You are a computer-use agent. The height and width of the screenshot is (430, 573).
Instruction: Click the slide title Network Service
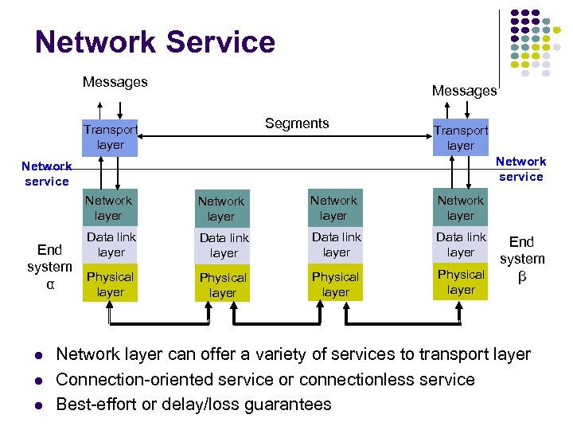[x=155, y=42]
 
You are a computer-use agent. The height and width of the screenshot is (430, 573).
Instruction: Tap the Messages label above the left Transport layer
[x=115, y=82]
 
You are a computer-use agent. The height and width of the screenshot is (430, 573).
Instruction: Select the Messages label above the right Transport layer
[x=464, y=91]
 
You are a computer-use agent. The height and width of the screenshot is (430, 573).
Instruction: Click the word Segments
[x=297, y=123]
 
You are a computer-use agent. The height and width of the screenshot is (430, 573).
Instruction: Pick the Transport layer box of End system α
[x=110, y=137]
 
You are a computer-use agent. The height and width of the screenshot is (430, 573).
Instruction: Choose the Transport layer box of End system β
[x=461, y=137]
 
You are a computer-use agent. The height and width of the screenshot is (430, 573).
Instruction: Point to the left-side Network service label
[x=47, y=174]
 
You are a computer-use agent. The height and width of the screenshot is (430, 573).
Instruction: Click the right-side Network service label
[x=521, y=169]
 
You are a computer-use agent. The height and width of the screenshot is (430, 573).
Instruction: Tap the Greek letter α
[x=50, y=284]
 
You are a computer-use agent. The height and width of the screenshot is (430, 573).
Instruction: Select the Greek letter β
[x=522, y=277]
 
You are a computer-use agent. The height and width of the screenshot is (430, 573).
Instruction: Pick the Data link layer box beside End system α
[x=111, y=244]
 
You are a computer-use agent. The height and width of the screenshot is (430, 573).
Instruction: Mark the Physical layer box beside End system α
[x=111, y=284]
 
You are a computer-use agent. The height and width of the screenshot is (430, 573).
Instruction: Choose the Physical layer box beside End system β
[x=461, y=282]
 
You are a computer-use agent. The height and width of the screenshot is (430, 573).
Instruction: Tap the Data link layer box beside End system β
[x=461, y=244]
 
